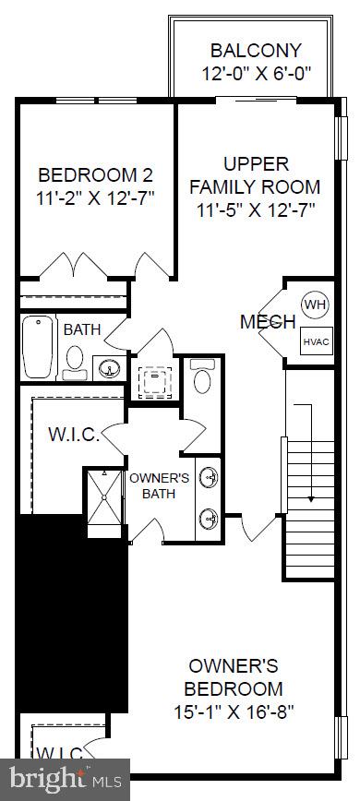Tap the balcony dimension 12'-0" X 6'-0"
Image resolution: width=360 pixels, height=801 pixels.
pyautogui.click(x=255, y=73)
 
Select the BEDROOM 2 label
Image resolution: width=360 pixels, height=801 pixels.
pyautogui.click(x=95, y=174)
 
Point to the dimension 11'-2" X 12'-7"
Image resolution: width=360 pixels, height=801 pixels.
pyautogui.click(x=95, y=197)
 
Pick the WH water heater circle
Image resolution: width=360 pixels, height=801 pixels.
pyautogui.click(x=315, y=305)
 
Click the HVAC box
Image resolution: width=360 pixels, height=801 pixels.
pyautogui.click(x=315, y=341)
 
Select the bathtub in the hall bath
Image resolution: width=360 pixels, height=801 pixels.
pyautogui.click(x=38, y=346)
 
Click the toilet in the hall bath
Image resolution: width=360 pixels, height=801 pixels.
pyautogui.click(x=75, y=358)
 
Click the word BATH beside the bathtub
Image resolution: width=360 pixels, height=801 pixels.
pyautogui.click(x=82, y=329)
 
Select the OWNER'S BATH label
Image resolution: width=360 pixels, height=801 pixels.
pyautogui.click(x=159, y=485)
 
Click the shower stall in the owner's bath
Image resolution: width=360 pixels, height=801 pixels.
pyautogui.click(x=103, y=498)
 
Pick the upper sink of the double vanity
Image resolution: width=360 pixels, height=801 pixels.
pyautogui.click(x=211, y=476)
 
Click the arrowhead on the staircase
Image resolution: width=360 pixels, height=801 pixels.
pyautogui.click(x=310, y=498)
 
